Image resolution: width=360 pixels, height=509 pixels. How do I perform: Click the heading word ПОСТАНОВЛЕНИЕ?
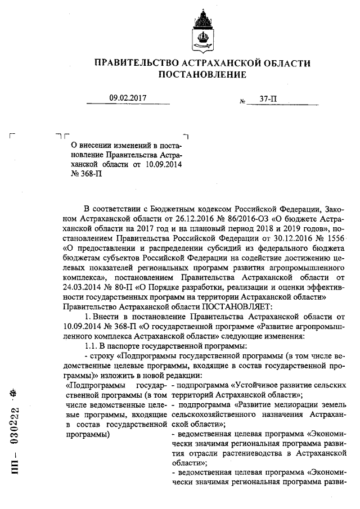pos(202,74)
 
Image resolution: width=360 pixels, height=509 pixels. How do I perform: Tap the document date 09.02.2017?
pos(128,98)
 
